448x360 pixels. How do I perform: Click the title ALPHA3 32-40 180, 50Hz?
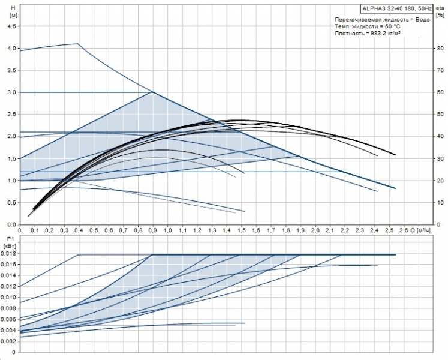(393, 8)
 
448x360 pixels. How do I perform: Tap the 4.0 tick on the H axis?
(10, 48)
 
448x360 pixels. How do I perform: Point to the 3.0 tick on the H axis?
(10, 92)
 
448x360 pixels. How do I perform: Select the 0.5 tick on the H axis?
(10, 203)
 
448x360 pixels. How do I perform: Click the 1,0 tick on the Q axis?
(167, 230)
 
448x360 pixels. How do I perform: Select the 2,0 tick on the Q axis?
(315, 230)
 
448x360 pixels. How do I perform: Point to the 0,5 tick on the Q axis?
(94, 230)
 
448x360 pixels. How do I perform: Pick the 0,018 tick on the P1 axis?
(9, 254)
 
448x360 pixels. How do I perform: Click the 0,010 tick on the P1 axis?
(9, 298)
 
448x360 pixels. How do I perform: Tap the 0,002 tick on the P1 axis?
(9, 341)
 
